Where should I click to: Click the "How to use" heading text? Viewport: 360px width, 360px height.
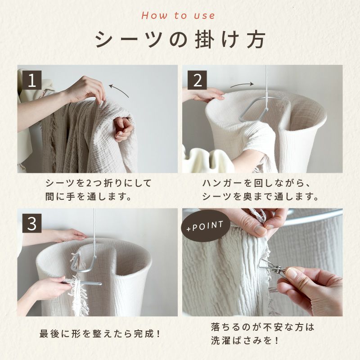pos(178,16)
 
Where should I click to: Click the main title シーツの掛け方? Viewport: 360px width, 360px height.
pos(180,40)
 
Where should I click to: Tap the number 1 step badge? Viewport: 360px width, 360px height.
pos(31,80)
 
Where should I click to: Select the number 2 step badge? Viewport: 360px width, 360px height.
pos(197,80)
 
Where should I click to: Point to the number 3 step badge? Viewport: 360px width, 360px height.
pos(31,223)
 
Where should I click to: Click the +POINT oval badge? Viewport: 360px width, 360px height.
pos(205,225)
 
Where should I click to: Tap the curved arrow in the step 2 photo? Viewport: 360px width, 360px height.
pos(242,85)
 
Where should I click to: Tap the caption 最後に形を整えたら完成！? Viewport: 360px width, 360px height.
pos(100,334)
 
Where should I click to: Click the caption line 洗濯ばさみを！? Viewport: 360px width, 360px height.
pos(245,340)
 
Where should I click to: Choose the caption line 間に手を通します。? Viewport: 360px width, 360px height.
pos(88,197)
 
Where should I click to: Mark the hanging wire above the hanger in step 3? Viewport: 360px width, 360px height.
pos(94,232)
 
